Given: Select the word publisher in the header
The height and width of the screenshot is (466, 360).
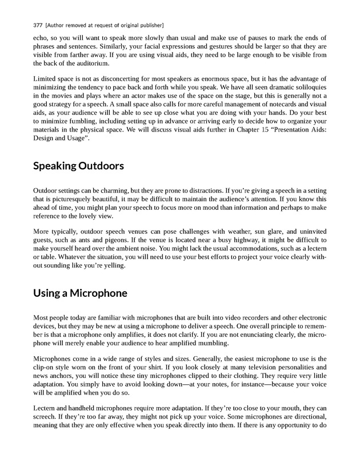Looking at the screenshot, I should click(x=150, y=26).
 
